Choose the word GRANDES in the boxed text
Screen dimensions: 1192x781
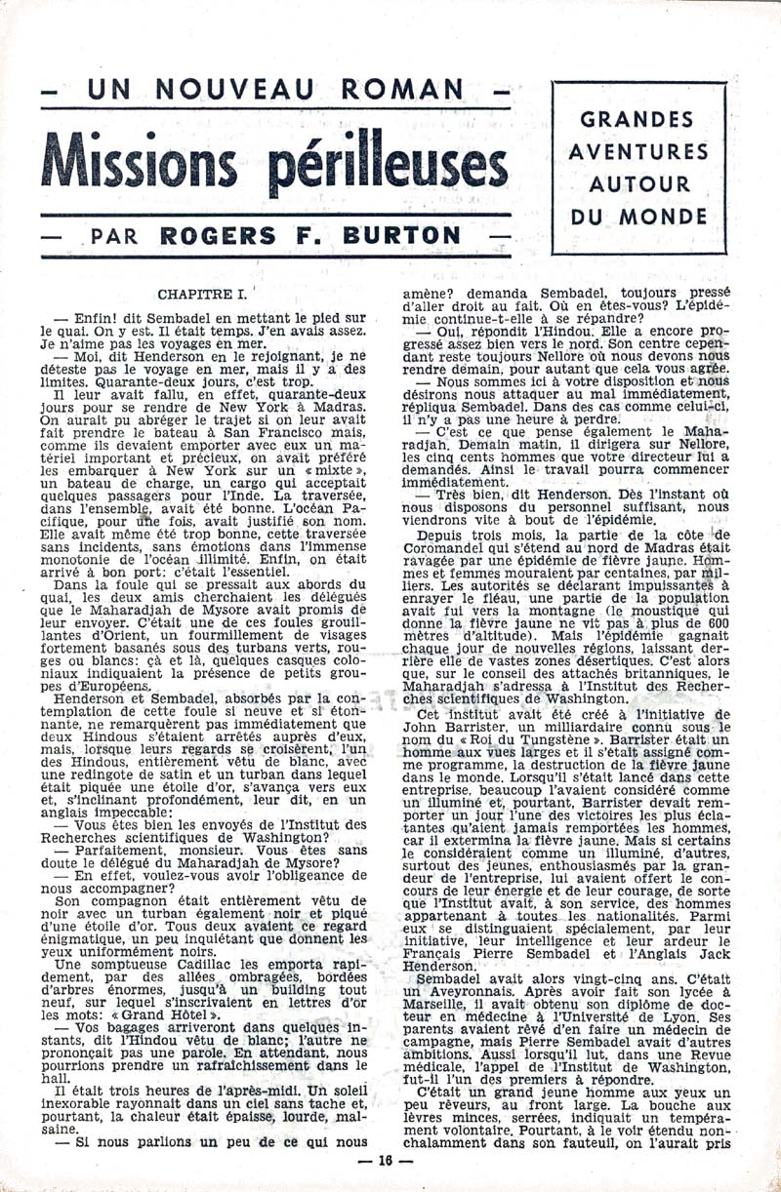pos(638,120)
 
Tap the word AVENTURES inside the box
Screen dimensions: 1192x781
pos(638,152)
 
